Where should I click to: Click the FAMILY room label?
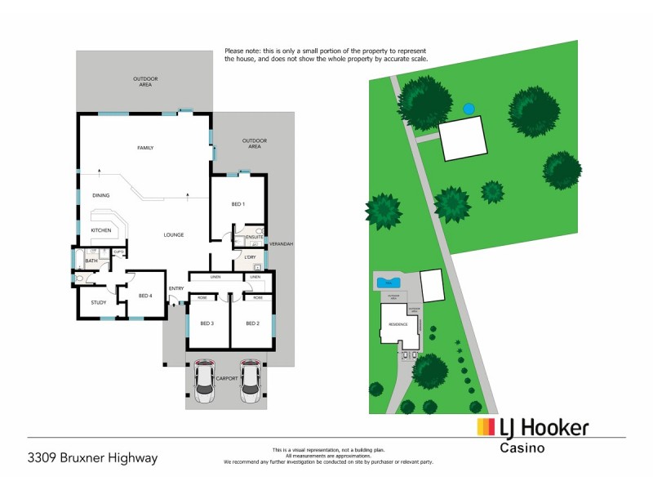tap(145, 148)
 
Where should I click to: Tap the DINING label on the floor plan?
tap(101, 195)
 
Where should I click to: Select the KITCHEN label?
tap(101, 230)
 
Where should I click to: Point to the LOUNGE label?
tap(172, 234)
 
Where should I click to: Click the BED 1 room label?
tap(238, 203)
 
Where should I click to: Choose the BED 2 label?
tap(252, 323)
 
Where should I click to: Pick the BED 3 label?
tap(207, 323)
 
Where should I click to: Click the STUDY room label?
tap(99, 302)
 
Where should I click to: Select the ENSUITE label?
tap(243, 237)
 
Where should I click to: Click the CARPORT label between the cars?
tap(227, 379)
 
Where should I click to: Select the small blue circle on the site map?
tap(469, 109)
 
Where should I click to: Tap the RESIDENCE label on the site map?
tap(398, 324)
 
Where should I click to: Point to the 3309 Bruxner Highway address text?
tap(91, 457)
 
